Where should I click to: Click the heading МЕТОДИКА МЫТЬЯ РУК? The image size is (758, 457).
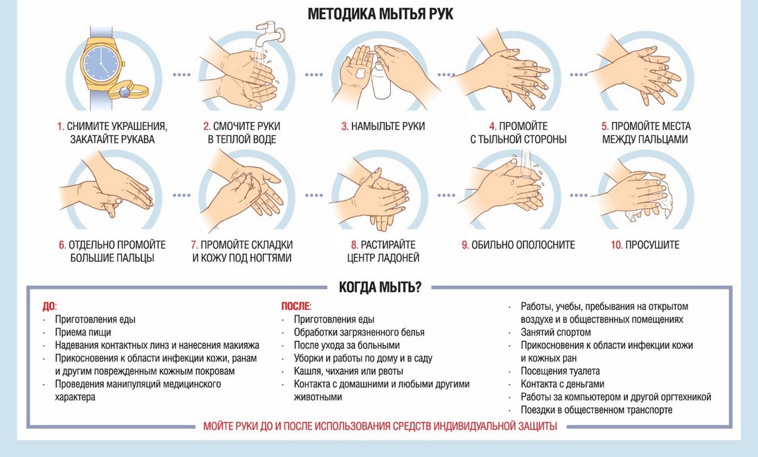[380, 13]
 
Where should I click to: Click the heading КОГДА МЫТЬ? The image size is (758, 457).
[380, 287]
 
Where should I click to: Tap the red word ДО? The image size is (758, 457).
[48, 306]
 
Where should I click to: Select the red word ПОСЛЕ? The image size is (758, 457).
[295, 306]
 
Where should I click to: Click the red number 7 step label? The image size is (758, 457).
[194, 245]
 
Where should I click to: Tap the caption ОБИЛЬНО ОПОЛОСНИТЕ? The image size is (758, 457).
[523, 245]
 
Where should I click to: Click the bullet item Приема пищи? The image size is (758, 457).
[83, 332]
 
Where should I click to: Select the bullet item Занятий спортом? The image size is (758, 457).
[556, 332]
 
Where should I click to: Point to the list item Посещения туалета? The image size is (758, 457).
[560, 371]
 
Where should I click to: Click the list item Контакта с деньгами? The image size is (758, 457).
[563, 384]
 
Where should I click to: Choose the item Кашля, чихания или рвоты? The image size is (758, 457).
[348, 371]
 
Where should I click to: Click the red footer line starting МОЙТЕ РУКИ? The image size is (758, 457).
[380, 426]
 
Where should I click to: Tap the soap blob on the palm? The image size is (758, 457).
[360, 74]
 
